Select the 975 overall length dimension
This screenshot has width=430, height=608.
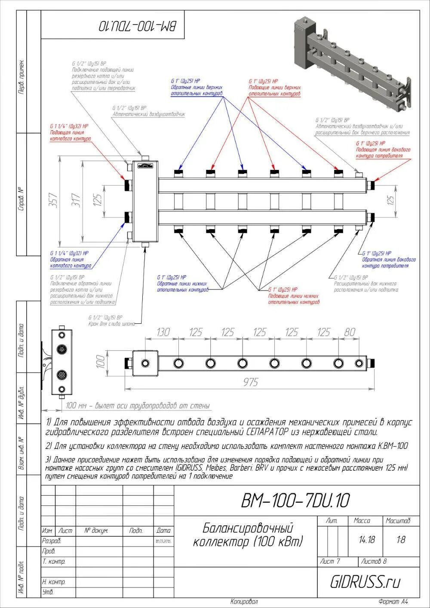(x=250, y=382)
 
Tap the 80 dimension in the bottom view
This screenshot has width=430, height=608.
(x=350, y=332)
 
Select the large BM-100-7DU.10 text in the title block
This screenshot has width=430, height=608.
(x=295, y=500)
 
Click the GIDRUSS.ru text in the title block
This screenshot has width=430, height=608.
(x=365, y=582)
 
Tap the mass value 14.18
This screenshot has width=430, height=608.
(x=367, y=540)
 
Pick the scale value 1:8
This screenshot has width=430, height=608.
(x=401, y=540)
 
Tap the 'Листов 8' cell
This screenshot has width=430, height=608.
(x=374, y=562)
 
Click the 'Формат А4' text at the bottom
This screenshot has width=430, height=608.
(x=393, y=602)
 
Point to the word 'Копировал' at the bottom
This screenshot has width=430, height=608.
(x=244, y=602)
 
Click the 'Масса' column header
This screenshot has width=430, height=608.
(x=362, y=521)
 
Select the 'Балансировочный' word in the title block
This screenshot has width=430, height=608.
(x=248, y=528)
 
